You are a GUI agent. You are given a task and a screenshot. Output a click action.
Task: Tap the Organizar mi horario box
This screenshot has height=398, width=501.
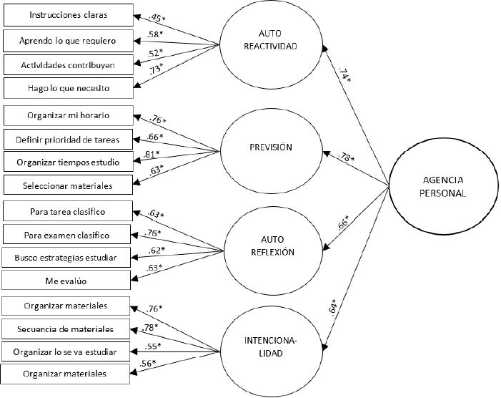tap(68, 115)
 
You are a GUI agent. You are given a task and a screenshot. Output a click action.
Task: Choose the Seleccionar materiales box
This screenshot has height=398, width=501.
tap(68, 185)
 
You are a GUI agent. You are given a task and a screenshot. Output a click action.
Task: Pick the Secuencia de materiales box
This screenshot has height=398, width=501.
tap(65, 329)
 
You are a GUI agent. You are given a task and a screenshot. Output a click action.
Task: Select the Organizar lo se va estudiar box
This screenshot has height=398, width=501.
tap(65, 351)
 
